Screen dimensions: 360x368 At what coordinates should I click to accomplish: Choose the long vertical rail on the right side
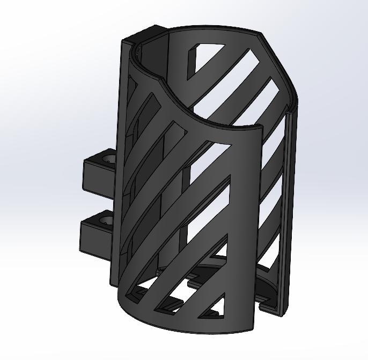(x=289, y=214)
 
